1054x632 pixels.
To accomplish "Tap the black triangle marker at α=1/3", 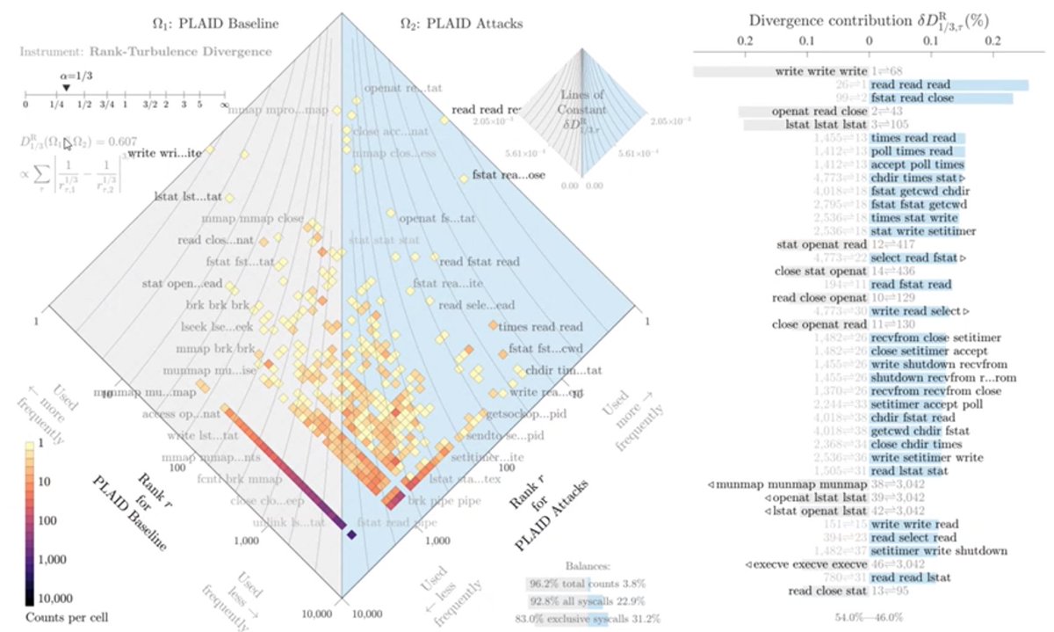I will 67,87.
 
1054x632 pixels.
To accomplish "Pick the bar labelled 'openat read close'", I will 803,113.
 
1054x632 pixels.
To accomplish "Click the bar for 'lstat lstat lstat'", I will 805,126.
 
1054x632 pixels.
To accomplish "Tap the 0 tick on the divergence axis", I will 869,41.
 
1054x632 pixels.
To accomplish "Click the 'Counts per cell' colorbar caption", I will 59,617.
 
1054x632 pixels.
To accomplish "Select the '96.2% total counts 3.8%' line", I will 586,583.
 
